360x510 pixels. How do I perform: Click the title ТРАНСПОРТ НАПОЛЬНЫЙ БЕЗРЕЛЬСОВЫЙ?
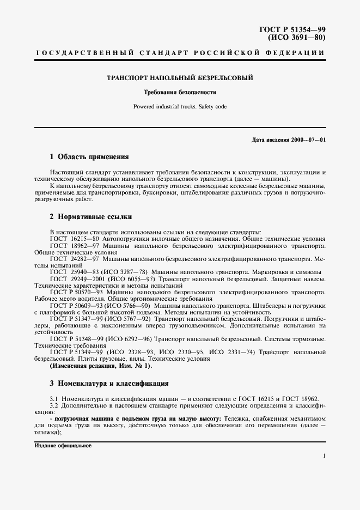pos(180,78)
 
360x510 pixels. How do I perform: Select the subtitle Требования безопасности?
pos(180,92)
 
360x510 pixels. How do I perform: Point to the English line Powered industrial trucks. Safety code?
pos(180,106)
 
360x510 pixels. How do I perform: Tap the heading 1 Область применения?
pos(89,157)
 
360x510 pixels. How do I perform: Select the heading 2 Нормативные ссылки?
pos(90,216)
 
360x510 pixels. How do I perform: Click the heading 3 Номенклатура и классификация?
pos(109,383)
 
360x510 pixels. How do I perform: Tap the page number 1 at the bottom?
pos(324,456)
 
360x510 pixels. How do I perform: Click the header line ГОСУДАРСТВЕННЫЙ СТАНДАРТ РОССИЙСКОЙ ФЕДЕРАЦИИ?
pos(180,52)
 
